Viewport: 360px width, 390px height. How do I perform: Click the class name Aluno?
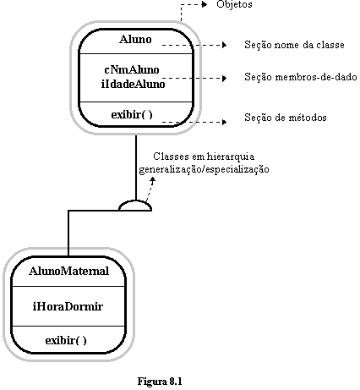[x=135, y=39]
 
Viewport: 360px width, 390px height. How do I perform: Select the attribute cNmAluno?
[x=132, y=69]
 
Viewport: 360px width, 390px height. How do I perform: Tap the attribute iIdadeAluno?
[x=133, y=84]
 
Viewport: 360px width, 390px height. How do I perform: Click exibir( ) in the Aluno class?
[x=132, y=114]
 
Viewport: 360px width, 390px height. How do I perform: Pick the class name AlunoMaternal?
[x=68, y=271]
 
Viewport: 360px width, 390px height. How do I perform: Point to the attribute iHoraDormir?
[x=68, y=306]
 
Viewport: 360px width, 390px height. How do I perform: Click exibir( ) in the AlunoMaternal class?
[x=66, y=340]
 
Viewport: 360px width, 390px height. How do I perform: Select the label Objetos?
[x=234, y=4]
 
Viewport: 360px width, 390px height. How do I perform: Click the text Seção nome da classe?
[x=294, y=45]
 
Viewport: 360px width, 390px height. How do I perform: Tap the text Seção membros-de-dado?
[x=301, y=77]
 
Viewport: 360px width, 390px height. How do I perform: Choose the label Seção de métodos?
[x=286, y=117]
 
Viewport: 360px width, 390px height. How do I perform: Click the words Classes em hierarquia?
[x=204, y=156]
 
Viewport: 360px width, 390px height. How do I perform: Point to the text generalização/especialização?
[x=204, y=169]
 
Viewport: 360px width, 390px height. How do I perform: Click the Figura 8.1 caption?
[x=160, y=382]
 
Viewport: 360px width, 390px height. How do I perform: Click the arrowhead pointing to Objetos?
[x=205, y=4]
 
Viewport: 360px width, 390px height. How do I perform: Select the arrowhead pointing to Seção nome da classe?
[x=224, y=45]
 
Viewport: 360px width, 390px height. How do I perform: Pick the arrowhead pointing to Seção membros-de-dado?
[x=224, y=78]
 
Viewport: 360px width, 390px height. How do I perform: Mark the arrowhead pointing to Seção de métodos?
[x=224, y=122]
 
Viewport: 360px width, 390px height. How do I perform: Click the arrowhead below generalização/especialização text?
[x=153, y=179]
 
